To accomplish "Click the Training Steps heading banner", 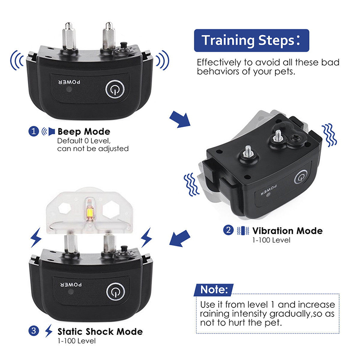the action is tap(252, 40).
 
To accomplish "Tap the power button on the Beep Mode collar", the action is tap(115, 89).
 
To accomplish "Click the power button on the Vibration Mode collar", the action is tap(301, 177).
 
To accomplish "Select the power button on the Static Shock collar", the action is tap(116, 292).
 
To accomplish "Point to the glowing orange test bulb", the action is tap(90, 211).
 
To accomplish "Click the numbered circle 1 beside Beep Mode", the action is tap(33, 131).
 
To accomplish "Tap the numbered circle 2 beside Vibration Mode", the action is tap(228, 230).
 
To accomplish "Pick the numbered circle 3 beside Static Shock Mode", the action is tap(33, 331).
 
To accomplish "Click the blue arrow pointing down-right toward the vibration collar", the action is tap(180, 119).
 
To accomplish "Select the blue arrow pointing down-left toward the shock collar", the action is tap(180, 238).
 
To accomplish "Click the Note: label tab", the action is tap(214, 290).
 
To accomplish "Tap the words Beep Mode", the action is tap(84, 131).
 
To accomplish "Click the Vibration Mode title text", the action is tap(288, 231).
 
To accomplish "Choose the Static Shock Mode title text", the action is tap(100, 332).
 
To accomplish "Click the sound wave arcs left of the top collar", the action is tap(17, 60).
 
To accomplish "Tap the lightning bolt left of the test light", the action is tap(36, 238).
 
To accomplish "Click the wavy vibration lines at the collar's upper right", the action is tap(329, 135).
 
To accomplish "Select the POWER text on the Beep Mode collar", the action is tap(70, 82).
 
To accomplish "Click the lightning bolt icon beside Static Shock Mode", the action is tap(48, 331).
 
